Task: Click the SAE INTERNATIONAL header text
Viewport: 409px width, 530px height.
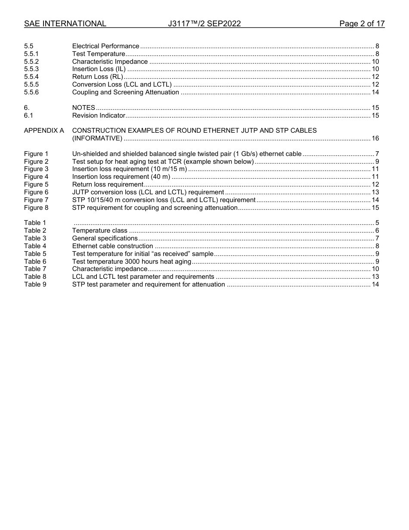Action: click(x=65, y=24)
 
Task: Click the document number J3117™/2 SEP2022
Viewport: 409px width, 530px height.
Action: click(x=204, y=24)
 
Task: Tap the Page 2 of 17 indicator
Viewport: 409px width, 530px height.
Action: click(x=362, y=24)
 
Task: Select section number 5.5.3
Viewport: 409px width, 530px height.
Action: click(x=31, y=69)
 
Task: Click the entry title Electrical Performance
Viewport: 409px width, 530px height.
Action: click(x=105, y=46)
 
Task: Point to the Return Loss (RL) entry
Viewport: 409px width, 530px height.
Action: click(x=97, y=77)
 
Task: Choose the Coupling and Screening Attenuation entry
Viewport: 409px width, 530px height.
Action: click(x=125, y=92)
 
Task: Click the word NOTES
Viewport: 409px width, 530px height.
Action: click(x=84, y=108)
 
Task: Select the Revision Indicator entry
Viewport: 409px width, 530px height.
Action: click(x=99, y=115)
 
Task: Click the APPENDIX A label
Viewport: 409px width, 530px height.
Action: click(x=44, y=131)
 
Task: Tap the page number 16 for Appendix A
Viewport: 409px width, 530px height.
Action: click(x=375, y=138)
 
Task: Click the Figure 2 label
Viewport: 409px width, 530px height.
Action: click(x=36, y=162)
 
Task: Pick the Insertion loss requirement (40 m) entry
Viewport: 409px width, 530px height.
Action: click(x=121, y=177)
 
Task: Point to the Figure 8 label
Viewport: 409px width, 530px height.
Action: click(x=36, y=208)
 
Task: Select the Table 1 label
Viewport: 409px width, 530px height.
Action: click(x=35, y=223)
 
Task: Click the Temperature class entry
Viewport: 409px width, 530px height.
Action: click(x=99, y=231)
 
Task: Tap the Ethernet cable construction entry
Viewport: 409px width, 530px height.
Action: click(x=112, y=246)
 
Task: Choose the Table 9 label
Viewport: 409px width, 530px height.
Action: click(x=35, y=284)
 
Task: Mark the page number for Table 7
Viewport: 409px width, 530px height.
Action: click(x=375, y=269)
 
